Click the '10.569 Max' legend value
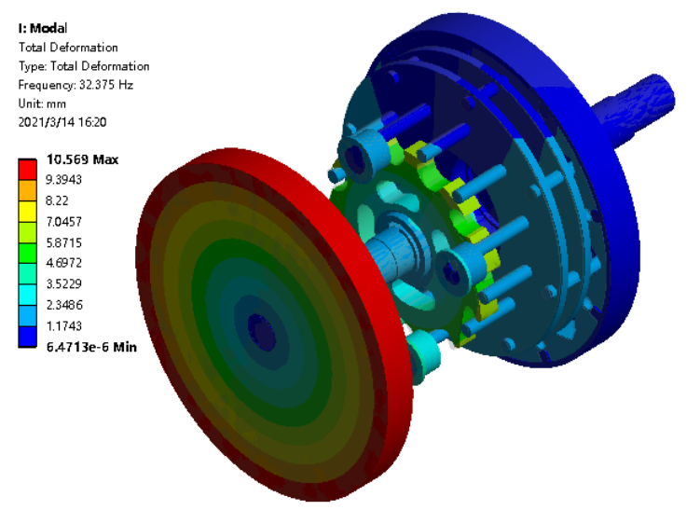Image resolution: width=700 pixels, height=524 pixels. click(x=82, y=159)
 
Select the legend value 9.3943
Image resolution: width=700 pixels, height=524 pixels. click(x=63, y=180)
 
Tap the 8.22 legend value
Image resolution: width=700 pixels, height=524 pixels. click(x=57, y=200)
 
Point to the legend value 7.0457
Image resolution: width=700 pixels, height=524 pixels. click(x=63, y=222)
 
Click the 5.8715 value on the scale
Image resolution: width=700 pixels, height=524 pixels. click(x=63, y=242)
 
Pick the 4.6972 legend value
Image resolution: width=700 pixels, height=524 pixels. click(x=63, y=263)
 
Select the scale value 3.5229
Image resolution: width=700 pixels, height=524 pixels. click(x=63, y=283)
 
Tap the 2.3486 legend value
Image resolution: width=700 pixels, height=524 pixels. click(x=64, y=305)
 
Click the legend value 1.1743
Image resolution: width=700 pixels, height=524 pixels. click(x=63, y=325)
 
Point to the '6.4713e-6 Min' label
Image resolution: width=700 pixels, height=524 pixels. click(x=91, y=347)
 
